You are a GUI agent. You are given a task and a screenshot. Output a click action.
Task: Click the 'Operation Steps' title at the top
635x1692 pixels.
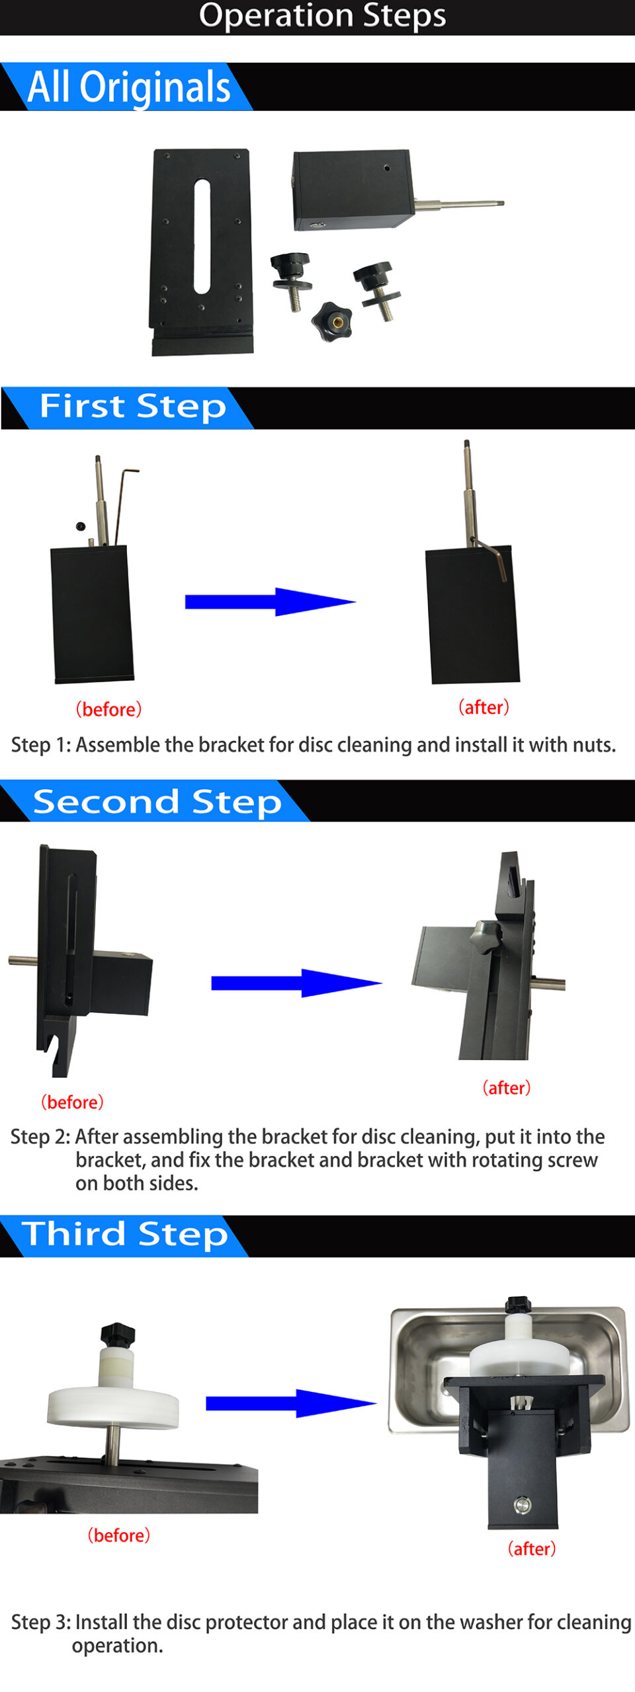[x=322, y=15]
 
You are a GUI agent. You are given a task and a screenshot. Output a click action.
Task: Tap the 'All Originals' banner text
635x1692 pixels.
[x=129, y=87]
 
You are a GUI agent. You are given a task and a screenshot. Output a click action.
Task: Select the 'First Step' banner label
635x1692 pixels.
[x=133, y=406]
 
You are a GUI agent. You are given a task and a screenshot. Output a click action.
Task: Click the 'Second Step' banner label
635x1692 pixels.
[x=157, y=801]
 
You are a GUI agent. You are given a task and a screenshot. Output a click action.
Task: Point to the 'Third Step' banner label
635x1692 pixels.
[x=125, y=1234]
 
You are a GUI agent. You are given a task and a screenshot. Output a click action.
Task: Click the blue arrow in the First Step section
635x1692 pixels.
[x=271, y=601]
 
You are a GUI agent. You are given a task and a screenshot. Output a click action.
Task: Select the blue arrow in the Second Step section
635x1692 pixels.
[x=296, y=983]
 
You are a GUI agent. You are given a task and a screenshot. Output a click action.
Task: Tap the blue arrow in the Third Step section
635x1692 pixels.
[x=291, y=1403]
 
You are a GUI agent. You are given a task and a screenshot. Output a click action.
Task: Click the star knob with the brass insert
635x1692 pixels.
[x=332, y=321]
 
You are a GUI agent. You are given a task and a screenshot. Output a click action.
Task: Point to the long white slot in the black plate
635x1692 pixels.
[x=202, y=236]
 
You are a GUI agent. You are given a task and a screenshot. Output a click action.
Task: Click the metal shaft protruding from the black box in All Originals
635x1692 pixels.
[x=459, y=204]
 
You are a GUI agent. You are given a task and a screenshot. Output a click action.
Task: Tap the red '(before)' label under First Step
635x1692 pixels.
[x=108, y=709]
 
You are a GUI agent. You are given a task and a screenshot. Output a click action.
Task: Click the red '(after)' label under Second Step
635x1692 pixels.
[x=507, y=1088]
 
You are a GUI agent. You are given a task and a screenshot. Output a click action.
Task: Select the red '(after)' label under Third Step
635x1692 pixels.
[x=532, y=1549]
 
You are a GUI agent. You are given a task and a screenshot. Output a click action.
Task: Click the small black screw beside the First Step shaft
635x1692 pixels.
[x=81, y=527]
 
